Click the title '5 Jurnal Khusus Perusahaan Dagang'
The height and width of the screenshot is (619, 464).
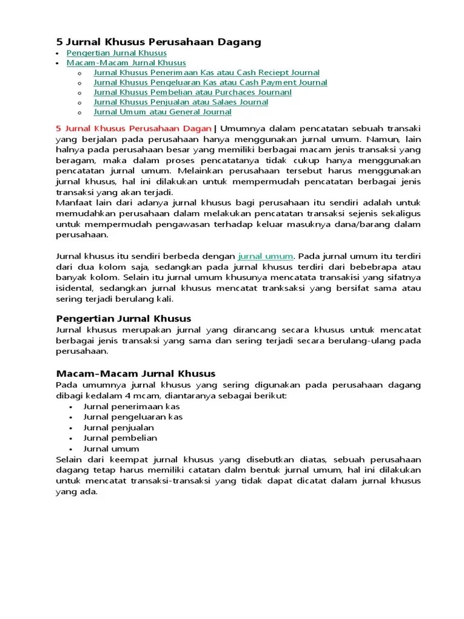click(x=158, y=42)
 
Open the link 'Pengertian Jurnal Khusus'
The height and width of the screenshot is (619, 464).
click(x=117, y=53)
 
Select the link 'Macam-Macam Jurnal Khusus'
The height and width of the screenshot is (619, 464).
click(x=126, y=63)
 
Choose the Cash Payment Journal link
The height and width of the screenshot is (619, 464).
click(x=210, y=82)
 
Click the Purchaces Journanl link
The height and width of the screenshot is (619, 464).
click(x=192, y=92)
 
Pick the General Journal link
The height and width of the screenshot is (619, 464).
click(x=163, y=112)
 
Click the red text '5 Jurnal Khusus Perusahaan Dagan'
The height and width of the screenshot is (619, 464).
click(x=134, y=129)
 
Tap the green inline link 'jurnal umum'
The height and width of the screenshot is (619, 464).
click(x=266, y=256)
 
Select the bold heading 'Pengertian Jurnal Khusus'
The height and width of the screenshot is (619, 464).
click(x=123, y=319)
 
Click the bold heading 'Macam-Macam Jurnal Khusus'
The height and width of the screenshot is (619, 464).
click(x=135, y=374)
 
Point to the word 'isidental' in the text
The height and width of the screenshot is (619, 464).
click(x=73, y=288)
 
